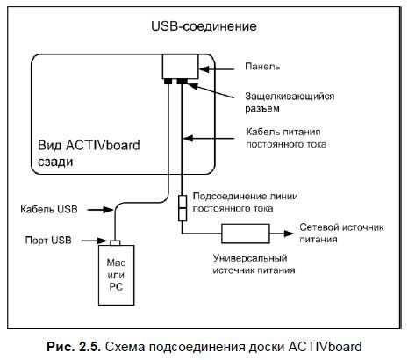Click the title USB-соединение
coord(204,27)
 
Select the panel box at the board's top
coord(180,66)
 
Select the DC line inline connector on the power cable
coord(183,207)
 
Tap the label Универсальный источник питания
coord(254,266)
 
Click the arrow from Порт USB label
coord(95,238)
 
